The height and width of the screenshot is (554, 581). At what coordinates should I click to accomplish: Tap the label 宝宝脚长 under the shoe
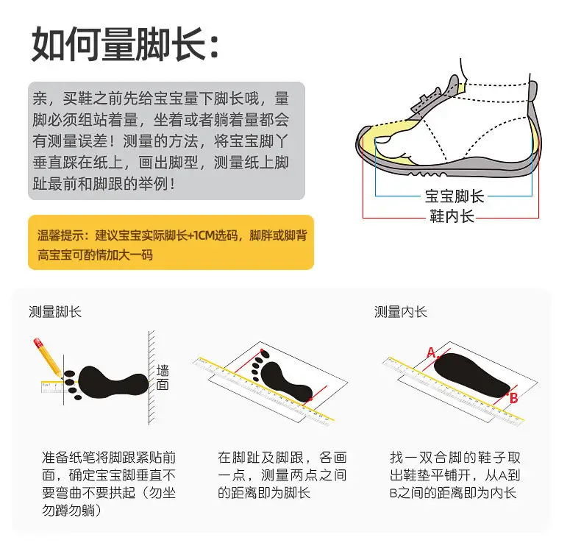455,196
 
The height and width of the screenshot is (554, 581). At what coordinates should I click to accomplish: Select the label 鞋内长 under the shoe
452,216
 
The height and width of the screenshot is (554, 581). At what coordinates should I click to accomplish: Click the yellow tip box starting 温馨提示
171,242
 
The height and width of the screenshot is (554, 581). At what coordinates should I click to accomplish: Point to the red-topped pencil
48,357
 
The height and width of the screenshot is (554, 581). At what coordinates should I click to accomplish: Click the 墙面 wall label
163,377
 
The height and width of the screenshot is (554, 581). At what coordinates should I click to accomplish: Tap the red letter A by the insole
431,352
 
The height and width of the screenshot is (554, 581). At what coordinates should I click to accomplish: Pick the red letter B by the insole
513,398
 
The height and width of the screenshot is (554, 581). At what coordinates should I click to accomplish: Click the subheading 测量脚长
55,312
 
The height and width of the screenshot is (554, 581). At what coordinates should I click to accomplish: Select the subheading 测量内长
401,312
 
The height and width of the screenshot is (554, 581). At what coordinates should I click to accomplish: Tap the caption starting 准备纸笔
109,483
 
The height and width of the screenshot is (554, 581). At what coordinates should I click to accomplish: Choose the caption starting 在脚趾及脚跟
282,475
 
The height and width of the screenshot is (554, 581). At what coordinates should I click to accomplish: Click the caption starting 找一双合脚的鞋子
455,475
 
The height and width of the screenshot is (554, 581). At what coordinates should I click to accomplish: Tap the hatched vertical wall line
152,377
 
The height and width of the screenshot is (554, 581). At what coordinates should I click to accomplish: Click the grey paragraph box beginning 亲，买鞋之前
166,141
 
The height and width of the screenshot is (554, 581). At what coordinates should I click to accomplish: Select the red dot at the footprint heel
310,399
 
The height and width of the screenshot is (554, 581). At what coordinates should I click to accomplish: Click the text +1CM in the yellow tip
203,235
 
